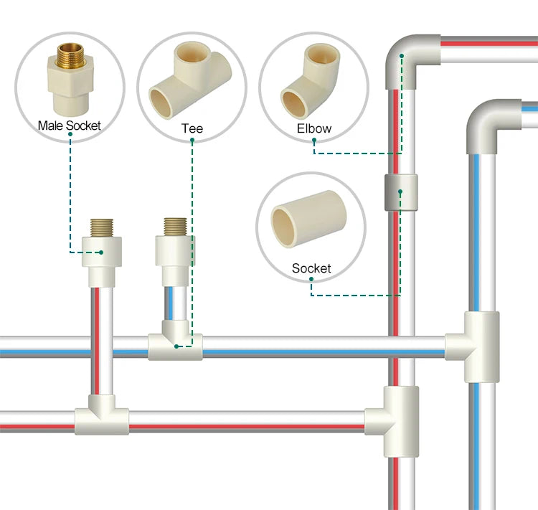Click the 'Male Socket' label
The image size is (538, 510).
click(69, 126)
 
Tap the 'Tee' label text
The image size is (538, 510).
click(192, 129)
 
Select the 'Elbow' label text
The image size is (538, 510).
click(314, 129)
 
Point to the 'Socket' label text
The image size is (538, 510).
click(311, 268)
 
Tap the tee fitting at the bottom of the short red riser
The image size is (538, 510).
click(102, 415)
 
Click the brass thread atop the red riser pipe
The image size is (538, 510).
click(100, 227)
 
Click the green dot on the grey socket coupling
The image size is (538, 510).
click(400, 192)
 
